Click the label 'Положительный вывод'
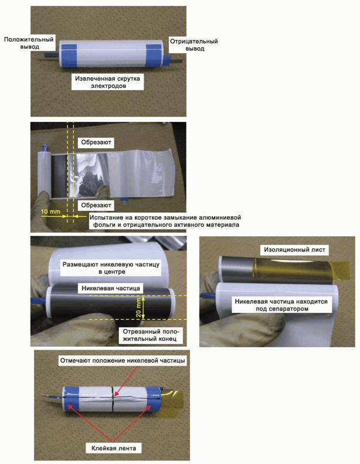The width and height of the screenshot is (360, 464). coord(29,43)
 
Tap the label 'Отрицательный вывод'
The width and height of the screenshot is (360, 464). coord(194,45)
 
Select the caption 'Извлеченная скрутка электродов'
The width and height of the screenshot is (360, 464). coord(107,82)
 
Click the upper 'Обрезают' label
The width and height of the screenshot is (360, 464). coord(96,142)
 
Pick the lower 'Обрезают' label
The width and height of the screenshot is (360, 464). coord(96,205)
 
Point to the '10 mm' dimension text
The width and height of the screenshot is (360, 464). coord(50,211)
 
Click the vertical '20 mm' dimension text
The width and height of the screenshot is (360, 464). coord(138,308)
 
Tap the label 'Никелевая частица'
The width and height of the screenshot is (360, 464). coord(111,288)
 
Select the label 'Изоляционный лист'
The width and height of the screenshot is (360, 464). coord(294,250)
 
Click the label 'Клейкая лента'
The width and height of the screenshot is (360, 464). coord(114,448)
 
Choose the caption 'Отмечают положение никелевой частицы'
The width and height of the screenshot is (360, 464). coord(123,360)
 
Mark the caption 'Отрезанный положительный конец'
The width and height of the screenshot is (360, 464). coord(150,335)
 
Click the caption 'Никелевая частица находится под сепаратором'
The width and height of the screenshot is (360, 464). coord(281,305)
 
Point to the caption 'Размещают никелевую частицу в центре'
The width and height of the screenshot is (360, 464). coord(111,268)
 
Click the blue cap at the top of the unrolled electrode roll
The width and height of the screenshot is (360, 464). coord(45,147)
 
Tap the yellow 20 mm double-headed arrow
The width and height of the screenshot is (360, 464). coord(143,308)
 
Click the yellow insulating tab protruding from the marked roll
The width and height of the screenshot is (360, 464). coord(172,400)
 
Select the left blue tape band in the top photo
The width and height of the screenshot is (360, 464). coord(69,54)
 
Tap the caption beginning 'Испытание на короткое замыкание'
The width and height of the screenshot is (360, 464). coord(166,221)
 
